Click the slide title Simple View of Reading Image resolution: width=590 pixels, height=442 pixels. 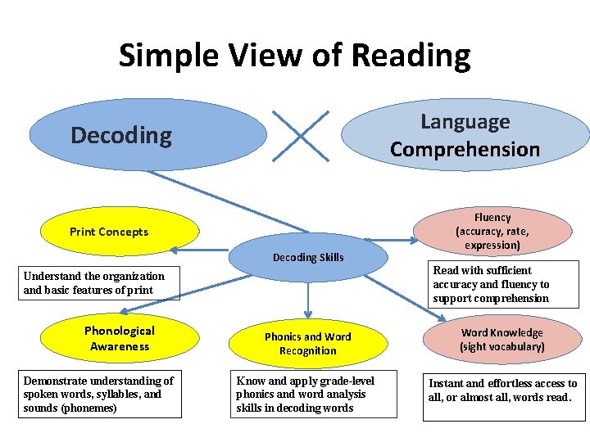point(295,56)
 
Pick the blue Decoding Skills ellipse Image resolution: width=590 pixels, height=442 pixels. point(308,257)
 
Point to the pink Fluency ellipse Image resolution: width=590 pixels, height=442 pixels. point(492,231)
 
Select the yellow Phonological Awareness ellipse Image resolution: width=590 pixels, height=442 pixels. point(120,339)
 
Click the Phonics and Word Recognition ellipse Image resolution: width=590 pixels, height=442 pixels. point(307,344)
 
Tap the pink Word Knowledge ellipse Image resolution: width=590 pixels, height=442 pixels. point(501,340)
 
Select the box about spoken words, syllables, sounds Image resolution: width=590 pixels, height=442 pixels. point(99,395)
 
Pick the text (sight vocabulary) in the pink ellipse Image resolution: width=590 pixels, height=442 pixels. point(501,347)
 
